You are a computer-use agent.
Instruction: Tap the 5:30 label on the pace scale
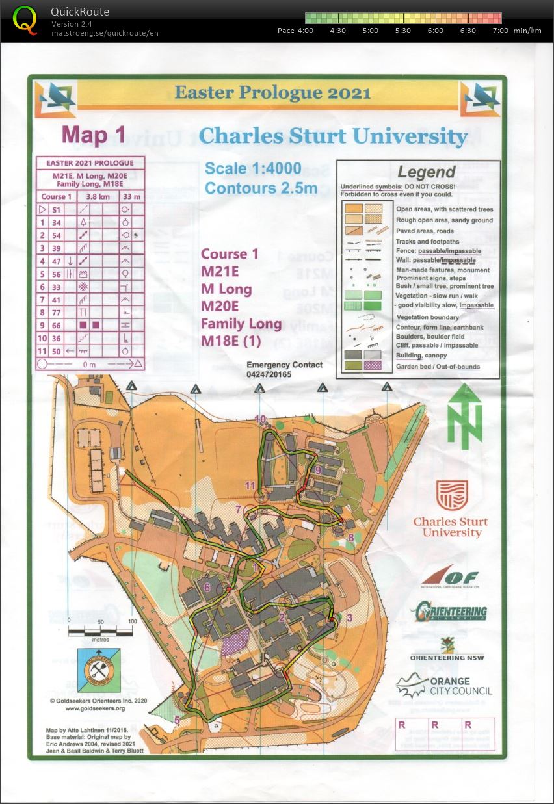point(403,31)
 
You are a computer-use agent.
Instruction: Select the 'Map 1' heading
point(94,135)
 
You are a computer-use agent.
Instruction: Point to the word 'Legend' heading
point(427,172)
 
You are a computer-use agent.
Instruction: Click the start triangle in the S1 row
point(42,209)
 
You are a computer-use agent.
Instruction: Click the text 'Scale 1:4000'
point(253,169)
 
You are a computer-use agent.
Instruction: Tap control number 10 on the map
point(260,419)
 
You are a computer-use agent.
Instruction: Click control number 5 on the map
point(177,719)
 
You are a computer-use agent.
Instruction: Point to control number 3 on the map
point(349,617)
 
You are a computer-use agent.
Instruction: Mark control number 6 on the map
point(207,588)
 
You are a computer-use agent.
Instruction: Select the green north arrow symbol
point(465,416)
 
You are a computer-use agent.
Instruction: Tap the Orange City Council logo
point(445,686)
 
